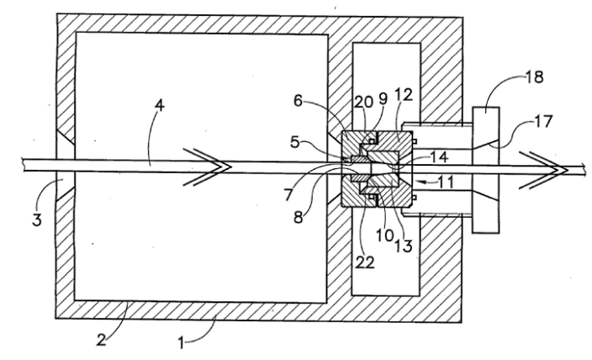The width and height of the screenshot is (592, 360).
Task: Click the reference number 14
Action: [437, 156]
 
